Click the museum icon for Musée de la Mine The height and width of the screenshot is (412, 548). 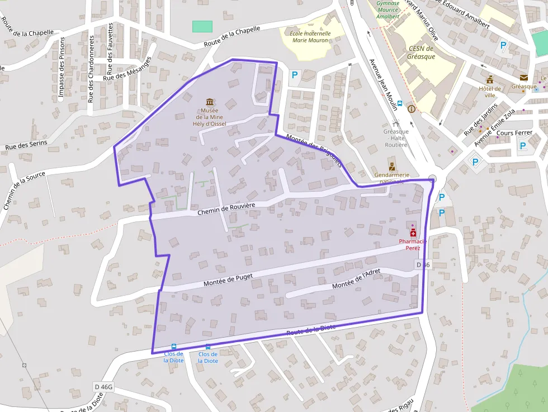(x=210, y=102)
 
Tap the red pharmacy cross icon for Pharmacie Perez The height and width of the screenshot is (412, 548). (x=413, y=233)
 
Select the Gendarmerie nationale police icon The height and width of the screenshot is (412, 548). (x=392, y=165)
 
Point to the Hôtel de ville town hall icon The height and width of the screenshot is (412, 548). (x=490, y=79)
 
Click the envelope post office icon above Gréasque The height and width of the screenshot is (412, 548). (x=523, y=78)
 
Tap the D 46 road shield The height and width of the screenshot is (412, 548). (x=422, y=264)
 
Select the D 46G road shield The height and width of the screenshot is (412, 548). (x=104, y=386)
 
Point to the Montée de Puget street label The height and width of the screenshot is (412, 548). (x=228, y=280)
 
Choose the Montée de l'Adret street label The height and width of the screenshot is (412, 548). (x=356, y=279)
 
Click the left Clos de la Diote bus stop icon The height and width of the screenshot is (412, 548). (x=173, y=347)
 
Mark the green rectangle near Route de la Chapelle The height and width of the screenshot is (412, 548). (x=202, y=26)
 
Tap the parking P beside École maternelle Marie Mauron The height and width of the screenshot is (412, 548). (x=294, y=74)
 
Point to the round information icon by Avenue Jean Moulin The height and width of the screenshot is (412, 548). (x=412, y=108)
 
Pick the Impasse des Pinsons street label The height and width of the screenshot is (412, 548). (x=62, y=69)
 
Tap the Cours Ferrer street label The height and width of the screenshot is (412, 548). (x=514, y=133)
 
